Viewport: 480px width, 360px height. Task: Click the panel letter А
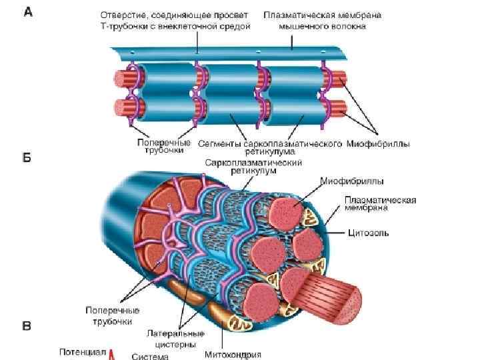click(28, 12)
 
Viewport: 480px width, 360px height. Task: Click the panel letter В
click(27, 326)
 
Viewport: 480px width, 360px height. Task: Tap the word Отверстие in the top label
click(123, 15)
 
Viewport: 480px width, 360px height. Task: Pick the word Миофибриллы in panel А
click(379, 143)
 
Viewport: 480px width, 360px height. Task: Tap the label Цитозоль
click(368, 233)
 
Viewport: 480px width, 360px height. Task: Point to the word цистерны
click(172, 344)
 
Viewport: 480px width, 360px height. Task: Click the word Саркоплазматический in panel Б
click(254, 162)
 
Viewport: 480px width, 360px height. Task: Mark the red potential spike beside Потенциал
click(112, 354)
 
